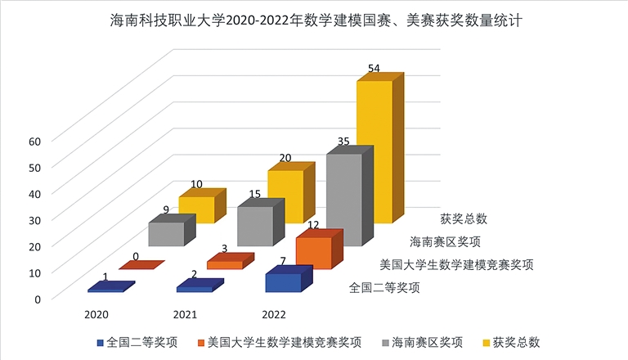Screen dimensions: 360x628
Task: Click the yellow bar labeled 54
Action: coord(375,151)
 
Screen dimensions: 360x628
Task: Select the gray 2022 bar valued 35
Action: coord(343,200)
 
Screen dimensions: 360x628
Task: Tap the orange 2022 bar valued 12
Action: coord(313,253)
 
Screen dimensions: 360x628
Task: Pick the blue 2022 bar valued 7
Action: coord(283,283)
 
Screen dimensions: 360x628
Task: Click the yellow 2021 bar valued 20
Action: coord(286,196)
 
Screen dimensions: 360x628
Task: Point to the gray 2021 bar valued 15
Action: coord(255,227)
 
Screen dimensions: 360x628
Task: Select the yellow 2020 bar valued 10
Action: coord(197,209)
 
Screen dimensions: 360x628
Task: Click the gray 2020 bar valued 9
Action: coord(167,235)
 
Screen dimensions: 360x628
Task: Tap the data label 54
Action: coord(375,69)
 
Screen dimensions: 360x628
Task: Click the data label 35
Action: coord(343,142)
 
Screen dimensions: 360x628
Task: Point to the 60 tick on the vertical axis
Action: coord(34,141)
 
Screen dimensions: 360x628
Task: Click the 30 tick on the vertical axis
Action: coord(34,219)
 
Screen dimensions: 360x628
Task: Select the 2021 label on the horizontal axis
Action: coord(185,314)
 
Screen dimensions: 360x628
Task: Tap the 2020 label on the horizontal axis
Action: coord(96,314)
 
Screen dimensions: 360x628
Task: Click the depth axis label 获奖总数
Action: coord(464,218)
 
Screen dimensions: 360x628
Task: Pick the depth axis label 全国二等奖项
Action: coord(384,288)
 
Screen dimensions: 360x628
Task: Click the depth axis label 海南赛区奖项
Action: coord(445,241)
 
